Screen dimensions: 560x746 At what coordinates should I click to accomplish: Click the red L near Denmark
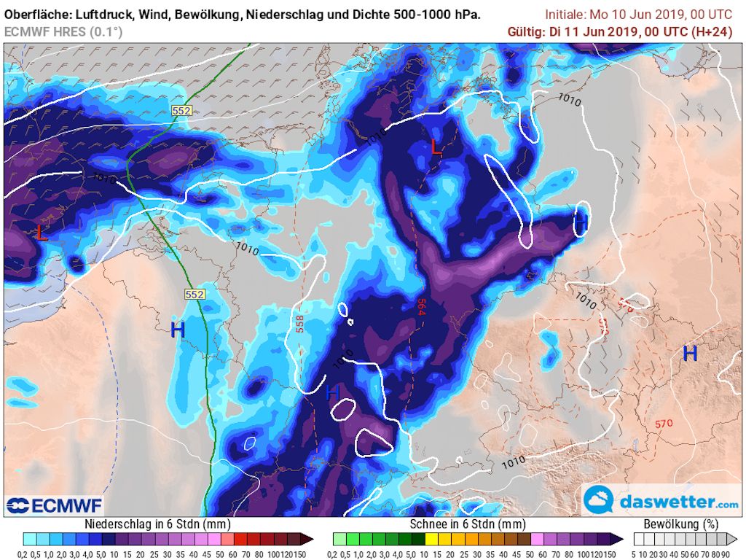[436, 147]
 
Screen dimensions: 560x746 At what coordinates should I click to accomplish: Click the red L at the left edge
[42, 233]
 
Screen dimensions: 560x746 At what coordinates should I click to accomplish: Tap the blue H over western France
[178, 330]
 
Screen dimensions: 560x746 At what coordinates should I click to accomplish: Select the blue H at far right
[690, 354]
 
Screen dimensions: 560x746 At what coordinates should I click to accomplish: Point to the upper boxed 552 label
[181, 110]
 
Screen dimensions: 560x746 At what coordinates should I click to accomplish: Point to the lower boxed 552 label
[194, 294]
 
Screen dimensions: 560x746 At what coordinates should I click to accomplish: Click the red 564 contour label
[421, 306]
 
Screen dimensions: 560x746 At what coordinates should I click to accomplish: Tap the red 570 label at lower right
[663, 424]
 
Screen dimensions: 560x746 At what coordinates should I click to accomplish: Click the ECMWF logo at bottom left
[55, 505]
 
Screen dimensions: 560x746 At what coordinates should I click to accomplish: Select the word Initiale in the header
[568, 15]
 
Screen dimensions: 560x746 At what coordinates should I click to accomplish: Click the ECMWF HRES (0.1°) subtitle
[63, 31]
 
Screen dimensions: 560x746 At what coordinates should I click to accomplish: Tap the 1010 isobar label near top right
[570, 100]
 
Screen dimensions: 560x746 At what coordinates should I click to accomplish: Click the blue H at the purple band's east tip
[581, 222]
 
